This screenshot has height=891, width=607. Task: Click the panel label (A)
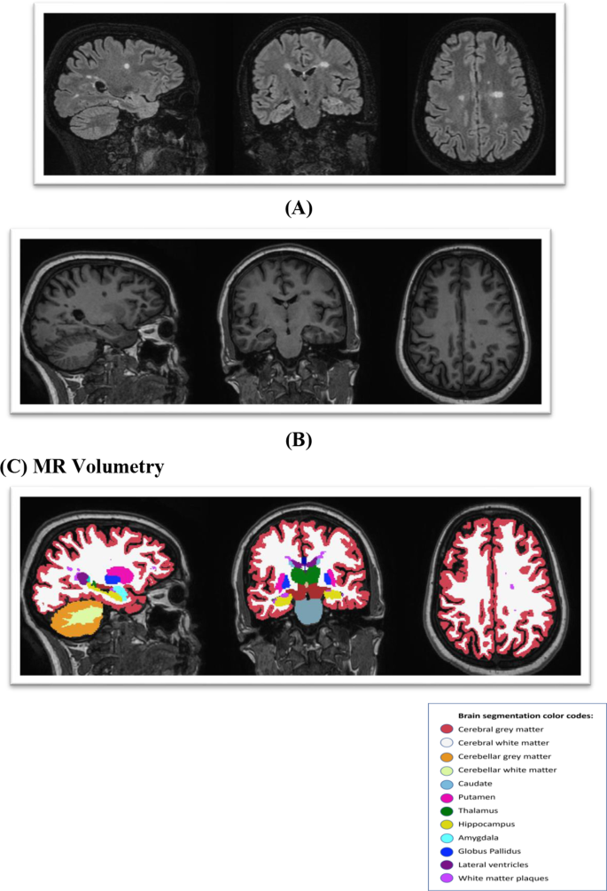297,208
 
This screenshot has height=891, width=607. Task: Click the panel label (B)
297,438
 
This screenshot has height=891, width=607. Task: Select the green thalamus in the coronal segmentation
309,576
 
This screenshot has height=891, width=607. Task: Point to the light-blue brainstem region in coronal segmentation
309,613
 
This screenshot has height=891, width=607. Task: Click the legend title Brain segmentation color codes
518,714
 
